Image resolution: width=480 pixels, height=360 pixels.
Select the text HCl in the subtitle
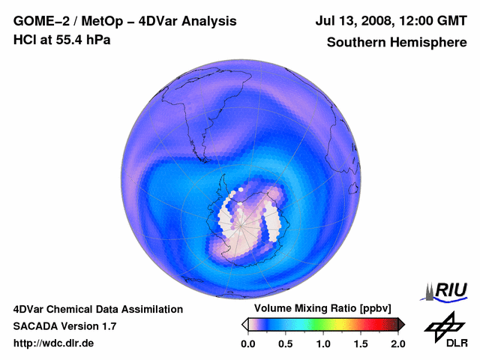click(x=24, y=39)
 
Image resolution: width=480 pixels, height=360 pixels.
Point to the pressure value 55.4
click(x=67, y=39)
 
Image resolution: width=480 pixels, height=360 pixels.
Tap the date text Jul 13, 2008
click(x=349, y=22)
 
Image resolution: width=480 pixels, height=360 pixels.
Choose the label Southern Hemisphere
click(x=397, y=43)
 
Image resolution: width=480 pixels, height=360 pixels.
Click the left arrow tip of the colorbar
click(x=244, y=324)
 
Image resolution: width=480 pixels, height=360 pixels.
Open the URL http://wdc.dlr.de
click(x=54, y=343)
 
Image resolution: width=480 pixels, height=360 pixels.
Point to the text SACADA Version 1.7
click(x=64, y=326)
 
